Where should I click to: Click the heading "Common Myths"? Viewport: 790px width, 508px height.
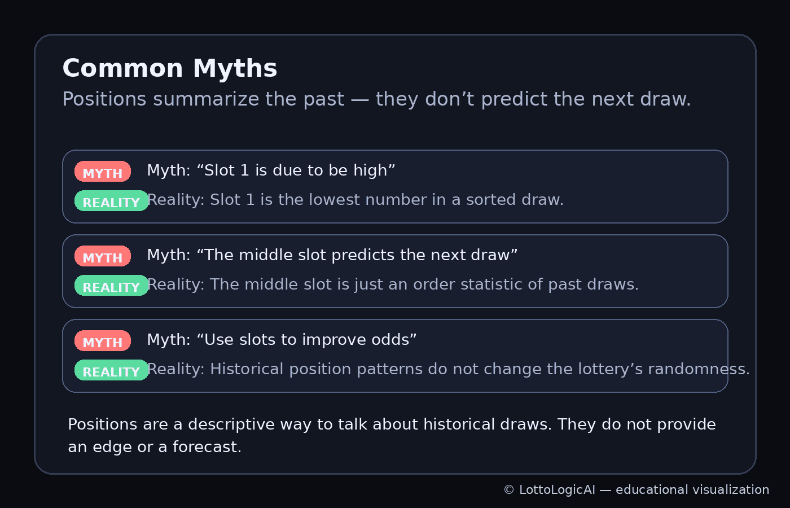tap(169, 68)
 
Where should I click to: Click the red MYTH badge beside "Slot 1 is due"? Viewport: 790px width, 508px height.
tap(103, 172)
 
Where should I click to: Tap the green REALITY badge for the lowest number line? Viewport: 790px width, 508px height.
tap(111, 201)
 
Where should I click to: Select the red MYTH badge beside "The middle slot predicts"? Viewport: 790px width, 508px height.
tap(103, 256)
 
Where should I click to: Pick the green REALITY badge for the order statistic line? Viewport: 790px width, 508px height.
tap(111, 286)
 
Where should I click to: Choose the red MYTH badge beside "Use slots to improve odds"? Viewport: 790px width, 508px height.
tap(103, 341)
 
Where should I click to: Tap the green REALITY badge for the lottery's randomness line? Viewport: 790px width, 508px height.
tap(111, 370)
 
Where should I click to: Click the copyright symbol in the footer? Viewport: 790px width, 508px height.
tap(508, 490)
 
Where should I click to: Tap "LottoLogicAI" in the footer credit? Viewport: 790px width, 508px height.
tap(557, 490)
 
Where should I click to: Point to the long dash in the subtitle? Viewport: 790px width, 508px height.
tap(359, 99)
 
